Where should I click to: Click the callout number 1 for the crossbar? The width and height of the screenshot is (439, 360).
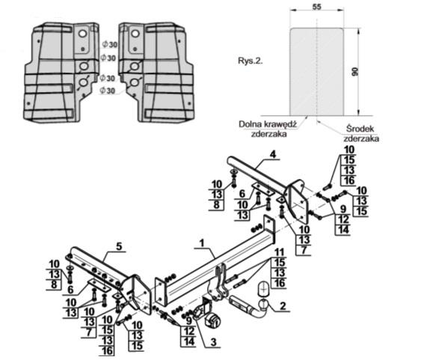click(202, 243)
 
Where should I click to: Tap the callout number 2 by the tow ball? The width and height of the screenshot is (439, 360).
click(283, 305)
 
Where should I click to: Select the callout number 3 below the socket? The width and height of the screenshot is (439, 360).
click(214, 342)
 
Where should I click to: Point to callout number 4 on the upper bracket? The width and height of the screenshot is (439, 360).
click(273, 154)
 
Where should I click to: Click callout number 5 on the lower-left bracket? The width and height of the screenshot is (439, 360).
click(119, 246)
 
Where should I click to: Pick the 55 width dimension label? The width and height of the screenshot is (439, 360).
click(316, 7)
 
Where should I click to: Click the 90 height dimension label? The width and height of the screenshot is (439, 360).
click(355, 72)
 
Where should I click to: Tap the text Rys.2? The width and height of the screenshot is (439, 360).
click(251, 61)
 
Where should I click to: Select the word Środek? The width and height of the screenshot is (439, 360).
click(360, 129)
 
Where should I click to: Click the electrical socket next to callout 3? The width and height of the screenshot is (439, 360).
click(212, 319)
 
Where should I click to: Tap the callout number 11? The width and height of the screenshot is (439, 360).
click(279, 252)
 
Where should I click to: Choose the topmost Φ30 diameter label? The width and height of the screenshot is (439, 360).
click(110, 44)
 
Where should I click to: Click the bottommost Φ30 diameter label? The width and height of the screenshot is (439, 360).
click(107, 91)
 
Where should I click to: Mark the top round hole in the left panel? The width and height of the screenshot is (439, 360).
click(83, 34)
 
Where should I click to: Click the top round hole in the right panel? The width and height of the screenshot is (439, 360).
click(135, 34)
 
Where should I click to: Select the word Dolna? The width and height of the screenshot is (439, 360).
click(248, 124)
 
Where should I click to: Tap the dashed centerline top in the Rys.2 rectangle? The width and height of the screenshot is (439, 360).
click(316, 19)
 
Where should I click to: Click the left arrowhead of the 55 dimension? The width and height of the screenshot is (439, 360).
click(292, 10)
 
